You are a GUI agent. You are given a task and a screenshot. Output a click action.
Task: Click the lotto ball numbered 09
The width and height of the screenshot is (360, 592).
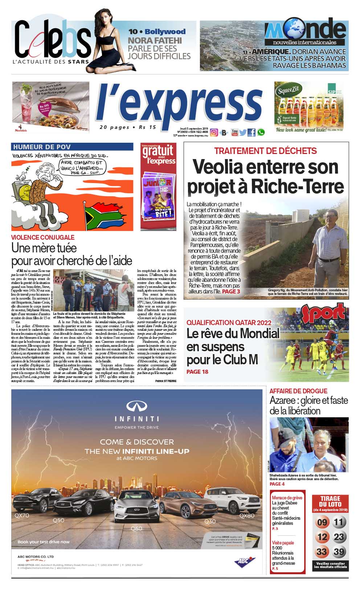pos(322,523)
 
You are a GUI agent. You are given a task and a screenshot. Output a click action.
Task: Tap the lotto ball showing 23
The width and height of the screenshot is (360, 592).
pos(339,537)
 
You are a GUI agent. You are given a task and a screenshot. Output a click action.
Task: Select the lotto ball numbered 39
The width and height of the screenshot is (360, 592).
pos(339,552)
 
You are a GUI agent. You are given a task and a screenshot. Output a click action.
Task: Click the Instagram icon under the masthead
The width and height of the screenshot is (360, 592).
pos(214,133)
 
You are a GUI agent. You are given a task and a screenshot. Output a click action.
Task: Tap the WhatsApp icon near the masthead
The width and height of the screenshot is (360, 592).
pos(261,133)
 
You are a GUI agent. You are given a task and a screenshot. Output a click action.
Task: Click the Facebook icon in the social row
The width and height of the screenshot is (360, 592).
pos(251,133)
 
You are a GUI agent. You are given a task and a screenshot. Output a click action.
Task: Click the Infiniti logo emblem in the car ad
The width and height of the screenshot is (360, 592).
pos(136,406)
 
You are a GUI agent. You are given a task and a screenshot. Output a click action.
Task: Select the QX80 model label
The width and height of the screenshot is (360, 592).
pos(247,515)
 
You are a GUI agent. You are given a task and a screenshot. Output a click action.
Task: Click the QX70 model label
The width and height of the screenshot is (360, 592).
pos(22,515)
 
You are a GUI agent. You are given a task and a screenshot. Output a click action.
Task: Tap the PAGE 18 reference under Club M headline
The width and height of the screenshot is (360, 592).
pos(197,372)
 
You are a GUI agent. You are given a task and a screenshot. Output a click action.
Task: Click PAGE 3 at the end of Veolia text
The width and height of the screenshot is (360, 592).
pos(231,291)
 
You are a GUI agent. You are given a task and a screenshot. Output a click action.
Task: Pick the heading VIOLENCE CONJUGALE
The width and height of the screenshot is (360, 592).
pos(43,238)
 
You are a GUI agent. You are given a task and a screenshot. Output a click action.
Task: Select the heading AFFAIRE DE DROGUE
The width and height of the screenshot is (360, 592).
pos(298,391)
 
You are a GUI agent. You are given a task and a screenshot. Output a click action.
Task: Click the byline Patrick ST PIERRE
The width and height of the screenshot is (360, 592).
pos(165,381)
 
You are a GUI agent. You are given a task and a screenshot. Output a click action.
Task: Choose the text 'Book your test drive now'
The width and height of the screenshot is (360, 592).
pos(44,542)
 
